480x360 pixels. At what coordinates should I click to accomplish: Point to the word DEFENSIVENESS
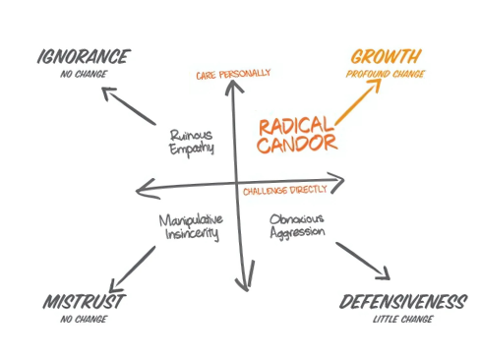401,302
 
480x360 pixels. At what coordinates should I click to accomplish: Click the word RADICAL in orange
294,125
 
